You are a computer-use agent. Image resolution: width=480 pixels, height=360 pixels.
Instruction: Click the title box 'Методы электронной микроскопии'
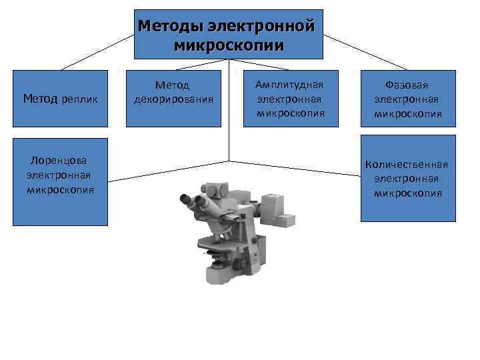(x=229, y=35)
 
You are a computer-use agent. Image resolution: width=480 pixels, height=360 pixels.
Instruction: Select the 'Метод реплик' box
(x=60, y=99)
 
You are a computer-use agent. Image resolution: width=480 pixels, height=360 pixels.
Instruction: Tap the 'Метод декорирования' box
(x=173, y=99)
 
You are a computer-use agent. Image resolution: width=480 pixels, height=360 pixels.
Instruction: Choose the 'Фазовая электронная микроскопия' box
(x=408, y=99)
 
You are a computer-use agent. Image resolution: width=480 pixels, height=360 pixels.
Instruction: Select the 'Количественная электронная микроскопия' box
(x=408, y=178)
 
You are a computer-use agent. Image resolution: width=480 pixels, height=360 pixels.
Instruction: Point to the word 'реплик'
(x=80, y=100)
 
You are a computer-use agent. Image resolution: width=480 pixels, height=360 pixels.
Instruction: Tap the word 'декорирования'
(x=173, y=100)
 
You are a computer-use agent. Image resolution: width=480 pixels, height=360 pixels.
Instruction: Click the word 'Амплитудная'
(x=290, y=85)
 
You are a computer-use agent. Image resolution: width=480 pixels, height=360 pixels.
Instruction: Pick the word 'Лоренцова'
(x=59, y=161)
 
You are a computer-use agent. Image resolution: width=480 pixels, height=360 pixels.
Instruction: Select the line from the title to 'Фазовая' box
(x=365, y=51)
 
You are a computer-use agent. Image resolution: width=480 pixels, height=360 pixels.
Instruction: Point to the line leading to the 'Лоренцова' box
(x=167, y=171)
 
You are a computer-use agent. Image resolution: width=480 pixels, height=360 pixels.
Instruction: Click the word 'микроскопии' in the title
(x=229, y=45)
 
